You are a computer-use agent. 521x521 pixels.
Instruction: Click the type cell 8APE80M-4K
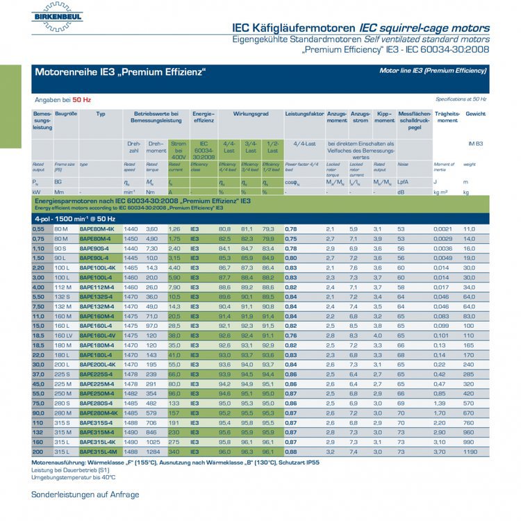click(97, 229)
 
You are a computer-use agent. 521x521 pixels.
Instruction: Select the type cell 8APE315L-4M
click(98, 451)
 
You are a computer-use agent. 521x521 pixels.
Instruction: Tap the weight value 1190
click(470, 451)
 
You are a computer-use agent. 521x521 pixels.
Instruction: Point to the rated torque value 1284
click(153, 451)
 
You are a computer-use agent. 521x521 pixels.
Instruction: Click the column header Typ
click(101, 113)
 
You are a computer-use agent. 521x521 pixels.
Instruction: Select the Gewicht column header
click(475, 113)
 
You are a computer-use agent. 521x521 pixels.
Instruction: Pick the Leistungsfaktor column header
click(304, 113)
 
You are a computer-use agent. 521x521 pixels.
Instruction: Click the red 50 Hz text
click(81, 99)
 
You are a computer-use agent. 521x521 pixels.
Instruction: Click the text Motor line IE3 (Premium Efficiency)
click(433, 71)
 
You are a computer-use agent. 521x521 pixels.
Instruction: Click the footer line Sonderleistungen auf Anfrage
click(85, 495)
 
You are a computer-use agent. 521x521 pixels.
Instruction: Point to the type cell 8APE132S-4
click(96, 296)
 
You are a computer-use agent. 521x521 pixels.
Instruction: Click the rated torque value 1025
click(153, 441)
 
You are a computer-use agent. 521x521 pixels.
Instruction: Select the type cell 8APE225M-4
click(97, 383)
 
